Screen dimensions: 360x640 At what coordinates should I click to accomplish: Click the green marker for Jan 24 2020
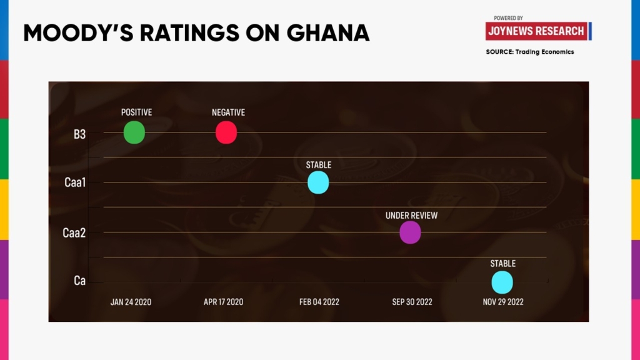[134, 132]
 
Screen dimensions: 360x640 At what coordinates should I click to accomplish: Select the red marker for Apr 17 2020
[226, 132]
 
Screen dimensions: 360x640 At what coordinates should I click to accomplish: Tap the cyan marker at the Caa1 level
[318, 182]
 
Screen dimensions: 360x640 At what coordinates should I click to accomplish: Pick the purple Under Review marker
[410, 232]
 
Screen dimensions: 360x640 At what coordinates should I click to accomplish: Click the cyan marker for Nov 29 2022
[502, 282]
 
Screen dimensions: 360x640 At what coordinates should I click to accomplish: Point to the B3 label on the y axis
[79, 134]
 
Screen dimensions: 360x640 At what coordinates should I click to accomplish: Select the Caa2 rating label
[74, 233]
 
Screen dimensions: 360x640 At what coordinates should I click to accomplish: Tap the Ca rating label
[79, 281]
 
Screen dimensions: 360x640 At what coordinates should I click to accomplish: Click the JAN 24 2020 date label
[131, 302]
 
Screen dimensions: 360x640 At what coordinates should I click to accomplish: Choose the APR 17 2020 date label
[223, 302]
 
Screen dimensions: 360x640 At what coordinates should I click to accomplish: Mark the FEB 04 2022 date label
[319, 302]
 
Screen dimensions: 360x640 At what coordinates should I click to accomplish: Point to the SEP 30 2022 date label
[412, 302]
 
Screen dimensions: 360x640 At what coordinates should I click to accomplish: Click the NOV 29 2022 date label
[502, 302]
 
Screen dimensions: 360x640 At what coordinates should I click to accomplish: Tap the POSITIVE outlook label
[136, 112]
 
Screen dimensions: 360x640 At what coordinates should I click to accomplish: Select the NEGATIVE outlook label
[228, 112]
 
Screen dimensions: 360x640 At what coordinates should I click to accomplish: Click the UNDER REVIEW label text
[411, 216]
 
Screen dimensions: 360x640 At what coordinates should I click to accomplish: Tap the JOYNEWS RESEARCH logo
[536, 31]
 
